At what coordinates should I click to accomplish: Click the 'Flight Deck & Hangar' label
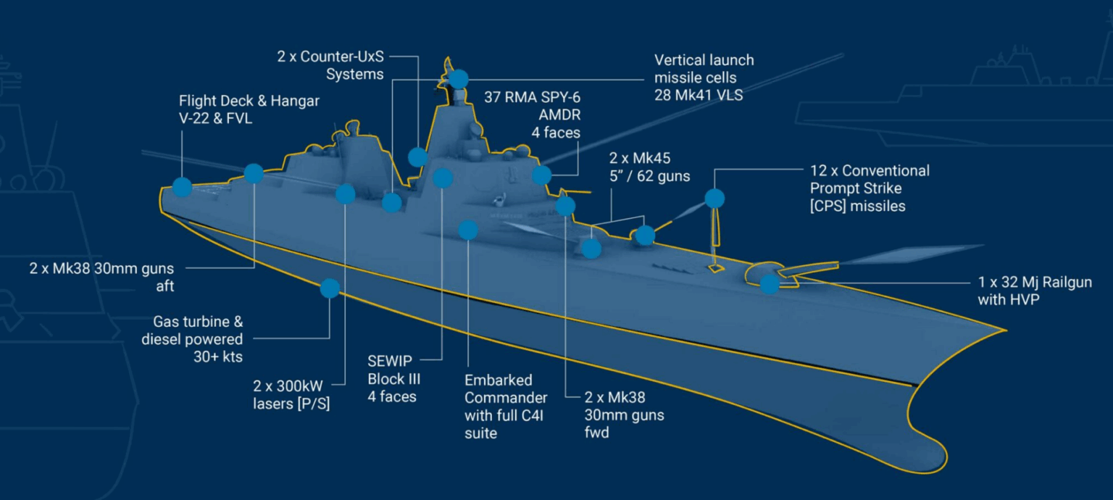tap(249, 101)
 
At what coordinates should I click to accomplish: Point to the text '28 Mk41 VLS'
tap(698, 95)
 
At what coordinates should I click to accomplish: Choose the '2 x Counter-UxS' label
tap(330, 57)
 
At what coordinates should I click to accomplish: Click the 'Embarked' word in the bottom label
tap(498, 380)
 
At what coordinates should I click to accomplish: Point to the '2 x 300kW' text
tap(287, 386)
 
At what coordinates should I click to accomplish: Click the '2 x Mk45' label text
tap(639, 158)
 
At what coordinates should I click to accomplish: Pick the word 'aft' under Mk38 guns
tap(164, 286)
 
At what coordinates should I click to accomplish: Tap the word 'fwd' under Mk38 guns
tap(597, 433)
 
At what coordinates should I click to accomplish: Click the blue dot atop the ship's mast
tap(458, 78)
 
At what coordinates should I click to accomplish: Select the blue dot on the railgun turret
tap(770, 283)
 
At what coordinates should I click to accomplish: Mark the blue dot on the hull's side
tap(330, 288)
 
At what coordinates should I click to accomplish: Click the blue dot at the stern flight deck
tap(182, 187)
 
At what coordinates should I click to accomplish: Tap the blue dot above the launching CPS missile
tap(714, 198)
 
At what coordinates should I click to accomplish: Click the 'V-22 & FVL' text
tap(215, 119)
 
